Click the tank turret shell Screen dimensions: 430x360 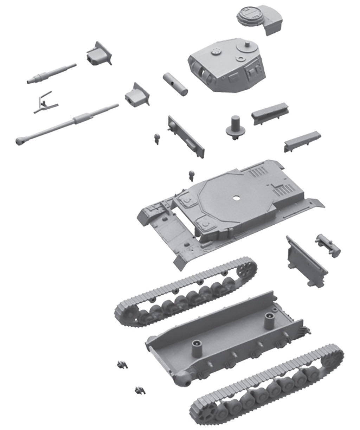coord(225,67)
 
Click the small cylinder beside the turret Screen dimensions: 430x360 coord(175,83)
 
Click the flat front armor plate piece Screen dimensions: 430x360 coord(186,137)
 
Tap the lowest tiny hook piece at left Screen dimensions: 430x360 coord(139,390)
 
